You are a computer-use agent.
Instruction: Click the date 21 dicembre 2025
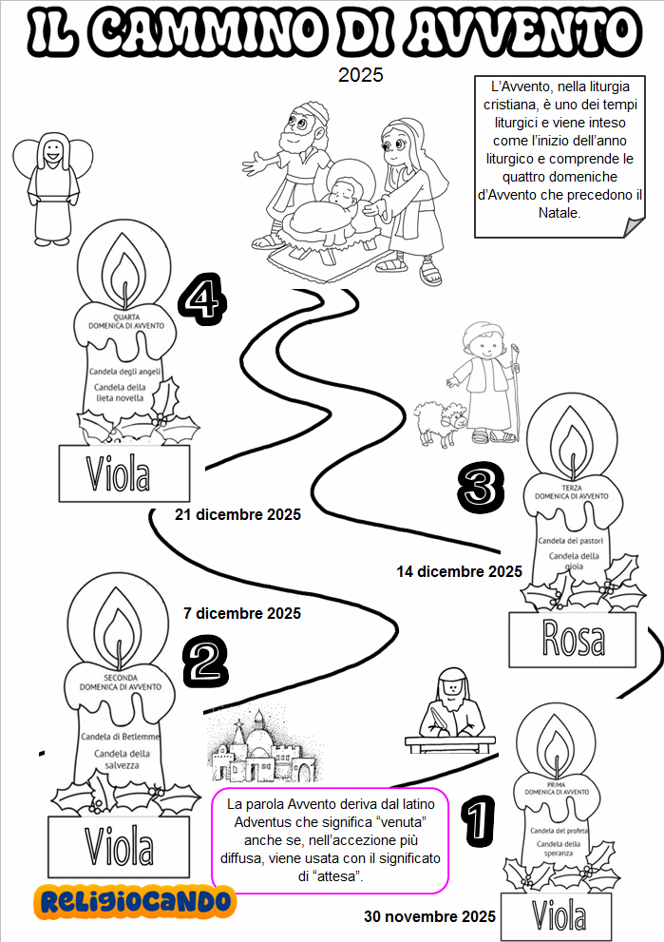point(237,515)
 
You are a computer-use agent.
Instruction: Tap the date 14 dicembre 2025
point(459,572)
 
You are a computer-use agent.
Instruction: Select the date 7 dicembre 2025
point(241,613)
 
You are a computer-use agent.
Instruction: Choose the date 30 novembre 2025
point(429,917)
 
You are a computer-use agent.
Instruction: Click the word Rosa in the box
point(572,639)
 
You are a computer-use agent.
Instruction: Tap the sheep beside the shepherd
point(442,421)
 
